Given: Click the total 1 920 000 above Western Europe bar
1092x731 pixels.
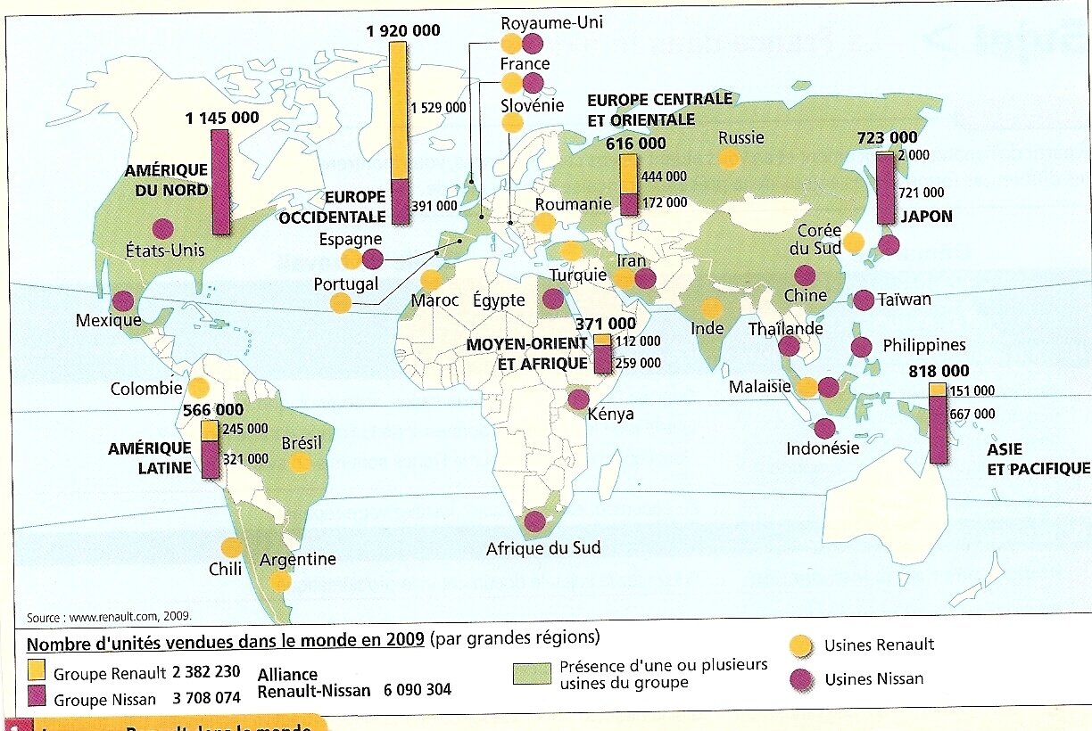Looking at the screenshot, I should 403,30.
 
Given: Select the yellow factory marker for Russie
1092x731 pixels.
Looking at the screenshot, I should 729,159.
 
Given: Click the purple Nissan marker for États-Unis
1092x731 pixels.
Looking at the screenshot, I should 162,229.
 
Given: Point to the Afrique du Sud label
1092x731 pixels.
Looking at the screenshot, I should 542,548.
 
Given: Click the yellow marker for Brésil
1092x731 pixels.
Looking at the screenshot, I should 301,463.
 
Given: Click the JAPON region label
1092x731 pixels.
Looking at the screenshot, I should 925,217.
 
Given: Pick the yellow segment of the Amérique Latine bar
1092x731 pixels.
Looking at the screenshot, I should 210,430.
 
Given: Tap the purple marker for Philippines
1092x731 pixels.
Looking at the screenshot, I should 861,348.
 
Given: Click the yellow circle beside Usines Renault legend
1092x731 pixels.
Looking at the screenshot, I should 801,645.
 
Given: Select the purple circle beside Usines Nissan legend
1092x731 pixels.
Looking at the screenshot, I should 801,679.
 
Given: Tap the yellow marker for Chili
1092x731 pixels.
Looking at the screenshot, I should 231,548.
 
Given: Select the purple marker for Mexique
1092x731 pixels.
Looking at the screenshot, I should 123,301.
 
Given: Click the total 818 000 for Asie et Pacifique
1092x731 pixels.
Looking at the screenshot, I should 938,372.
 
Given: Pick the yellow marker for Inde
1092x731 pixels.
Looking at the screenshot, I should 711,308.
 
